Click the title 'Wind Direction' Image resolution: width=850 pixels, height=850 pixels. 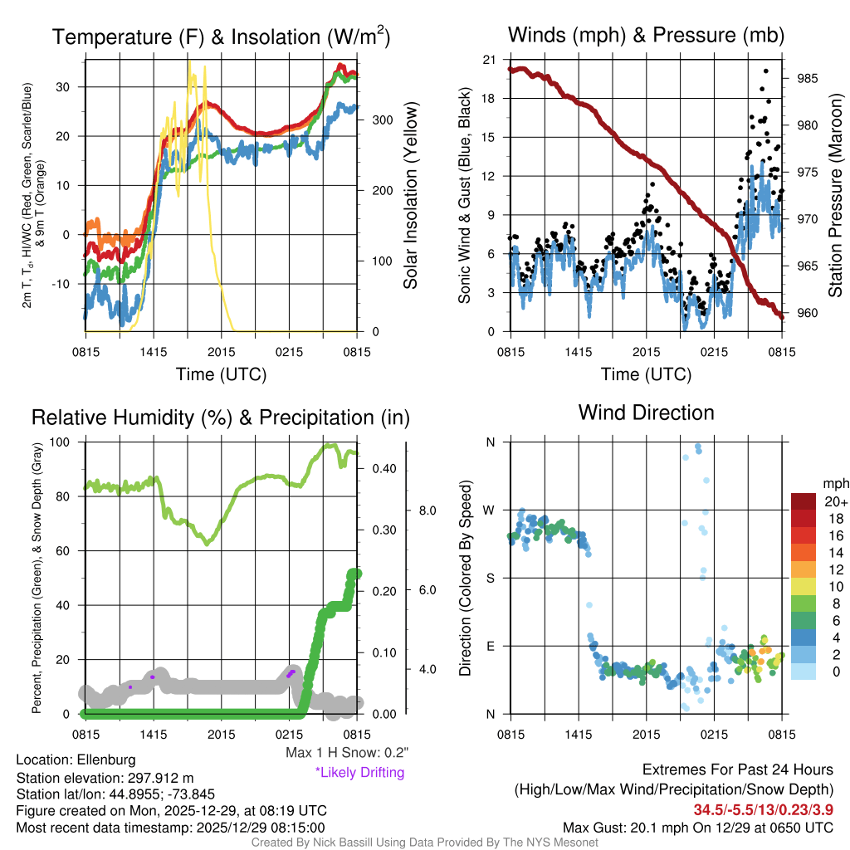pos(646,413)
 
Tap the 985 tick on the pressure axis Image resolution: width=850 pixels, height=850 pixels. pos(808,79)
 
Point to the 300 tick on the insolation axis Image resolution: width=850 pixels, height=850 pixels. pos(382,120)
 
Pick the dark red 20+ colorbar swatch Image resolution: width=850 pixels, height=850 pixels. pos(806,501)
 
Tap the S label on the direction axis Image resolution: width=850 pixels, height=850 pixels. pos(490,578)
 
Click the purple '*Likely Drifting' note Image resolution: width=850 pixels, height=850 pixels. pos(359,772)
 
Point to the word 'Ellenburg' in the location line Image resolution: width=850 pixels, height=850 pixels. pos(106,760)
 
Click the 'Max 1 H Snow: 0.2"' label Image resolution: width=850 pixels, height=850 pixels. pos(346,753)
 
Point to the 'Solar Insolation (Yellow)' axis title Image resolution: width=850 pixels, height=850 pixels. pos(410,195)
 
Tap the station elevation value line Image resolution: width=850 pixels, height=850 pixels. pos(105,777)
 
